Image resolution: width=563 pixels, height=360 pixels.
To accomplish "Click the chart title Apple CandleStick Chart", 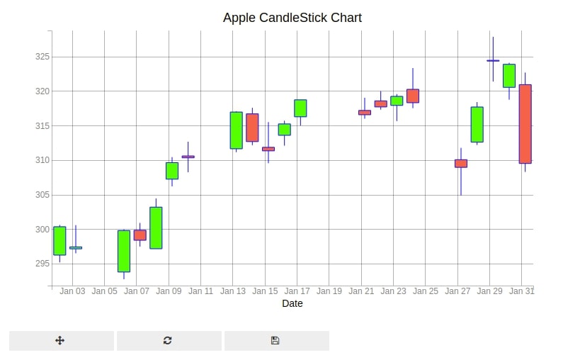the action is [292, 18].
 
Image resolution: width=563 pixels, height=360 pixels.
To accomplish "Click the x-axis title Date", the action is [292, 303].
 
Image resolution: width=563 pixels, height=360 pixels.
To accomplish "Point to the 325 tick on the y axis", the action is [42, 57].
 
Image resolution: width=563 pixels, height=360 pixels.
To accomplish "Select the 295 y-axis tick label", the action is [42, 264].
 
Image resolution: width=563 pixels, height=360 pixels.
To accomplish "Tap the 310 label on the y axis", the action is [42, 160].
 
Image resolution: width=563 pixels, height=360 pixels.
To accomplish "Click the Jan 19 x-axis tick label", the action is [329, 291].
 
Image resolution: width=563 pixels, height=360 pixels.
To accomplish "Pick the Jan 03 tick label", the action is [72, 291].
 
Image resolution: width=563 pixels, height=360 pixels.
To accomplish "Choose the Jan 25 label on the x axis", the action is [426, 291].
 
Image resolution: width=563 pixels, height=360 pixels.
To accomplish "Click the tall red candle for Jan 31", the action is [525, 124].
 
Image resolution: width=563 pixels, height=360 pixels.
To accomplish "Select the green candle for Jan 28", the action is [477, 124].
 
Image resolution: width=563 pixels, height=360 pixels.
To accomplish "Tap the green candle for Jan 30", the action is [509, 76].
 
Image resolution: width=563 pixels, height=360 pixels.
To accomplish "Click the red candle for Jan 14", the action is [252, 128].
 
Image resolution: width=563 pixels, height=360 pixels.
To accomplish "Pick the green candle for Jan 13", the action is [237, 130].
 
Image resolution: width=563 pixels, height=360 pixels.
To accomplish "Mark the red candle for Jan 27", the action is [461, 164].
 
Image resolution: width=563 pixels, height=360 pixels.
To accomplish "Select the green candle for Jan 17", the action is [300, 108].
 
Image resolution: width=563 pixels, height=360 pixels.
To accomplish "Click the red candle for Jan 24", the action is [413, 96].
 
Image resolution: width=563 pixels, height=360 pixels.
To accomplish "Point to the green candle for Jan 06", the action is [124, 251].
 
